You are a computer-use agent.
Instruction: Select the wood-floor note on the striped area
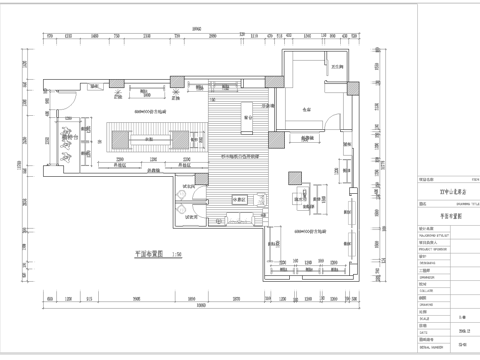point(238,157)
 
